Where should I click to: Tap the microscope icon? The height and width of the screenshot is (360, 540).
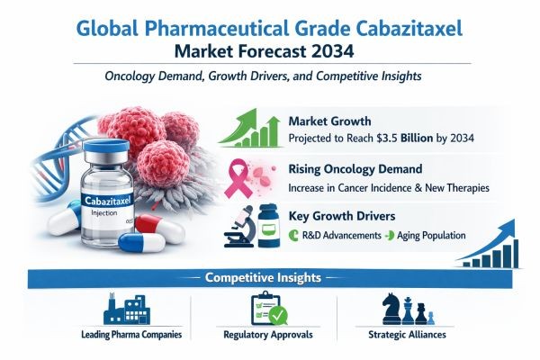238,228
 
